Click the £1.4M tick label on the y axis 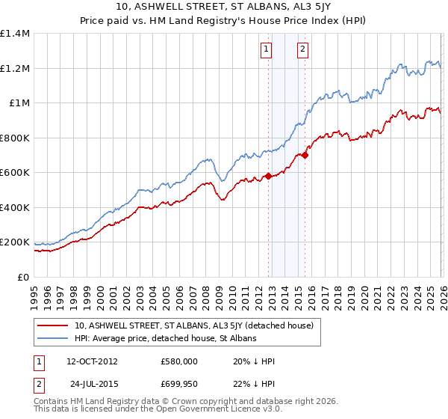pos(15,34)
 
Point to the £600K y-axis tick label pos(15,173)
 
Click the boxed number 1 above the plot pos(267,50)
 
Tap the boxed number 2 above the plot pos(302,50)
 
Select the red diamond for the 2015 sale pos(305,156)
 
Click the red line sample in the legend pos(53,326)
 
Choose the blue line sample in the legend pos(53,339)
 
